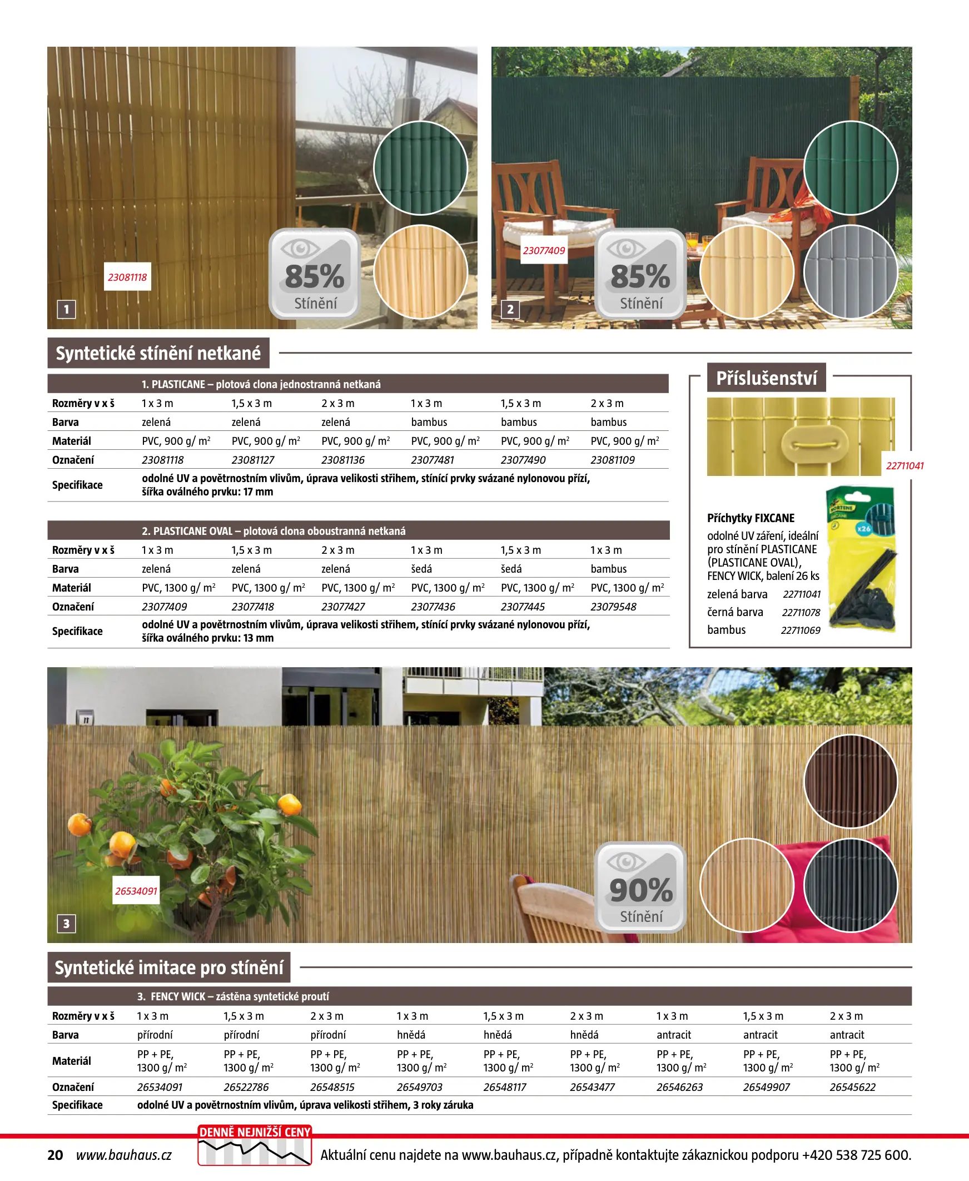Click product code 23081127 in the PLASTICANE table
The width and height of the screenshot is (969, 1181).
pos(252,460)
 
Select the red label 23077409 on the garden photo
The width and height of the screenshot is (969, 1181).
pos(544,251)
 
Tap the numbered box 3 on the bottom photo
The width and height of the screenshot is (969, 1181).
pos(66,924)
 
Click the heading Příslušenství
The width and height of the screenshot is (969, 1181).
pos(766,379)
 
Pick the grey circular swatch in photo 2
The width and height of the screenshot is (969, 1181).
pos(850,272)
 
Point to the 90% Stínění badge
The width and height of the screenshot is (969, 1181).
pos(640,887)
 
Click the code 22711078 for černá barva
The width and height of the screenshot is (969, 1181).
pos(801,612)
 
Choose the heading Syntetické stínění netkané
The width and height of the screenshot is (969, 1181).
pos(158,353)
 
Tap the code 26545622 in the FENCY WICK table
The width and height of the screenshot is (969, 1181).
pos(852,1087)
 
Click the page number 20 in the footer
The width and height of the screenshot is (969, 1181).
pos(55,1155)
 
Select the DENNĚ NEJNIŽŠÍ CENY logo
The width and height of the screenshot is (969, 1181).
pos(255,1145)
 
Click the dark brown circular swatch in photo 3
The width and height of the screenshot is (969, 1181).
pos(850,781)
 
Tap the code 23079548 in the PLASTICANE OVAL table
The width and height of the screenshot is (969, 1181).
pos(613,607)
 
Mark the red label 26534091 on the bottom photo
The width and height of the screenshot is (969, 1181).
pos(136,891)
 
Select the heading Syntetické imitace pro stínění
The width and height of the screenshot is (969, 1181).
pos(168,967)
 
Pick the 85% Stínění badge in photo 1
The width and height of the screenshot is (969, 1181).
pos(315,274)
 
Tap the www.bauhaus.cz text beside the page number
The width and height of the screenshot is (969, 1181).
pos(124,1155)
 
